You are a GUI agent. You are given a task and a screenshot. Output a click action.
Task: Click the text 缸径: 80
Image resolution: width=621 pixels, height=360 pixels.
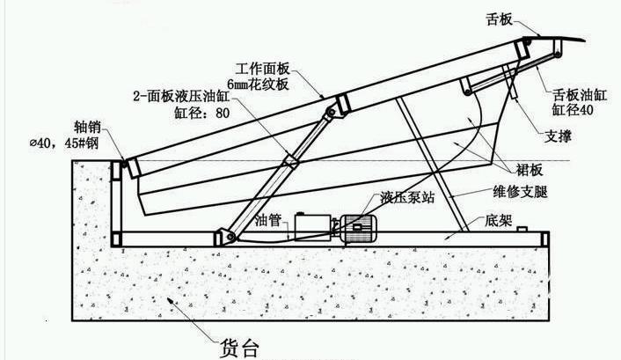202,112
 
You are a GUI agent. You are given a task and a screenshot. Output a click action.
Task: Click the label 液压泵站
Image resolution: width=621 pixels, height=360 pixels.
407,197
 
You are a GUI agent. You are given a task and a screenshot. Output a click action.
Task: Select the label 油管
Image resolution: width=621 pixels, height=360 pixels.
268,221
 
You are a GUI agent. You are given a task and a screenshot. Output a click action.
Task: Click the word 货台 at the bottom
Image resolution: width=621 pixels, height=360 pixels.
237,346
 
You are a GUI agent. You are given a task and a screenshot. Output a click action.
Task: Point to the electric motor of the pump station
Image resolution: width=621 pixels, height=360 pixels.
358,226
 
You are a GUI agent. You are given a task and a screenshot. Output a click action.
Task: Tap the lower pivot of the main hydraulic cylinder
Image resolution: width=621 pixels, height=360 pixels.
226,236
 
